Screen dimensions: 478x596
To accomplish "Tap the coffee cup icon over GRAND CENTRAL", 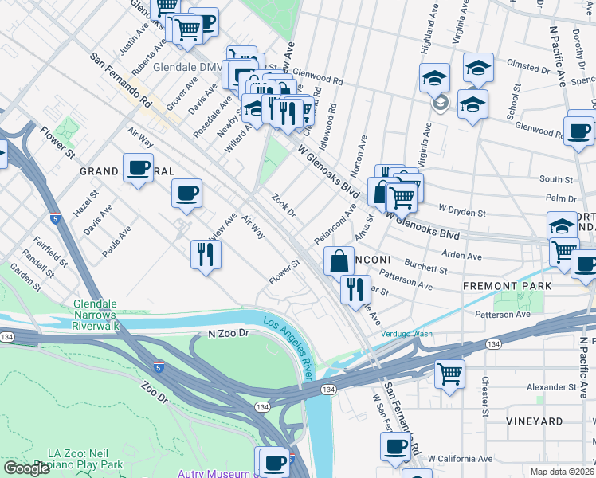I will tap(138, 168).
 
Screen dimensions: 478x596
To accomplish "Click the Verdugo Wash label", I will tap(406, 334).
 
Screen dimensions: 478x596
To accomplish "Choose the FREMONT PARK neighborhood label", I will tap(501, 284).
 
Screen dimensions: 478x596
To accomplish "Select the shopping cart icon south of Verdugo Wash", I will tap(449, 374).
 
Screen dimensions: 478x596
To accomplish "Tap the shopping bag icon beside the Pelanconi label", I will tap(339, 260).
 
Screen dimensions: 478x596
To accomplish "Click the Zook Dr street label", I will tap(284, 205).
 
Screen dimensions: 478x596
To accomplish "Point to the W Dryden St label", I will tap(458, 213).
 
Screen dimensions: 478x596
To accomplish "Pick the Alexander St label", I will tap(551, 387).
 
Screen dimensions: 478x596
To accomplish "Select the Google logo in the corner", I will tap(26, 468).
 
